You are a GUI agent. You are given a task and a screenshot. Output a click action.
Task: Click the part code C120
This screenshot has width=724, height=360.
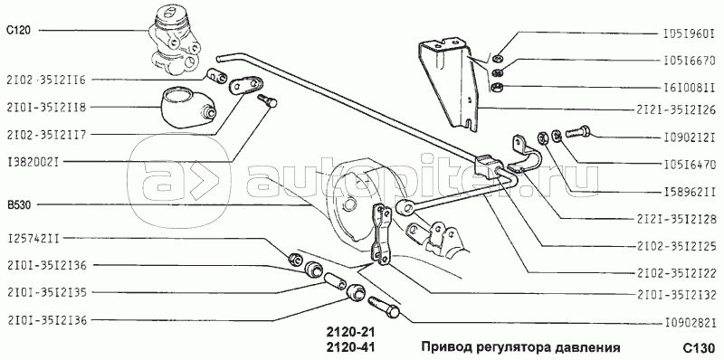(18, 31)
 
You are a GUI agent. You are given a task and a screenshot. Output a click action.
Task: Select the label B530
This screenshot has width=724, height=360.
(18, 205)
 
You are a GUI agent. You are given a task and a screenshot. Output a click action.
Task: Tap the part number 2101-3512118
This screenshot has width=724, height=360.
(47, 108)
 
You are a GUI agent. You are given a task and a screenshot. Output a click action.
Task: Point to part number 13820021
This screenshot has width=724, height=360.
(35, 162)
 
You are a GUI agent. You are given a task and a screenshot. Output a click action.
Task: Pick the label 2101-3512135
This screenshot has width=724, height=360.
(47, 293)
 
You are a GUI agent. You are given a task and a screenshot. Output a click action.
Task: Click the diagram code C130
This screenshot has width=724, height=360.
(703, 347)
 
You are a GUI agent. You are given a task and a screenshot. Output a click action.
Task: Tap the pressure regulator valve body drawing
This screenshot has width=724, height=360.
(175, 42)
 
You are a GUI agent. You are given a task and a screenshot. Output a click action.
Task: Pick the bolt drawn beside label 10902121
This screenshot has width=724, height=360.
(578, 131)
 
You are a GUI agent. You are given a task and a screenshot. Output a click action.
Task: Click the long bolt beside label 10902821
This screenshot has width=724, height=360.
(384, 307)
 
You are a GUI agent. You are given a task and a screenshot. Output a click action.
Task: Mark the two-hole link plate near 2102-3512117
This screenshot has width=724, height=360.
(246, 85)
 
